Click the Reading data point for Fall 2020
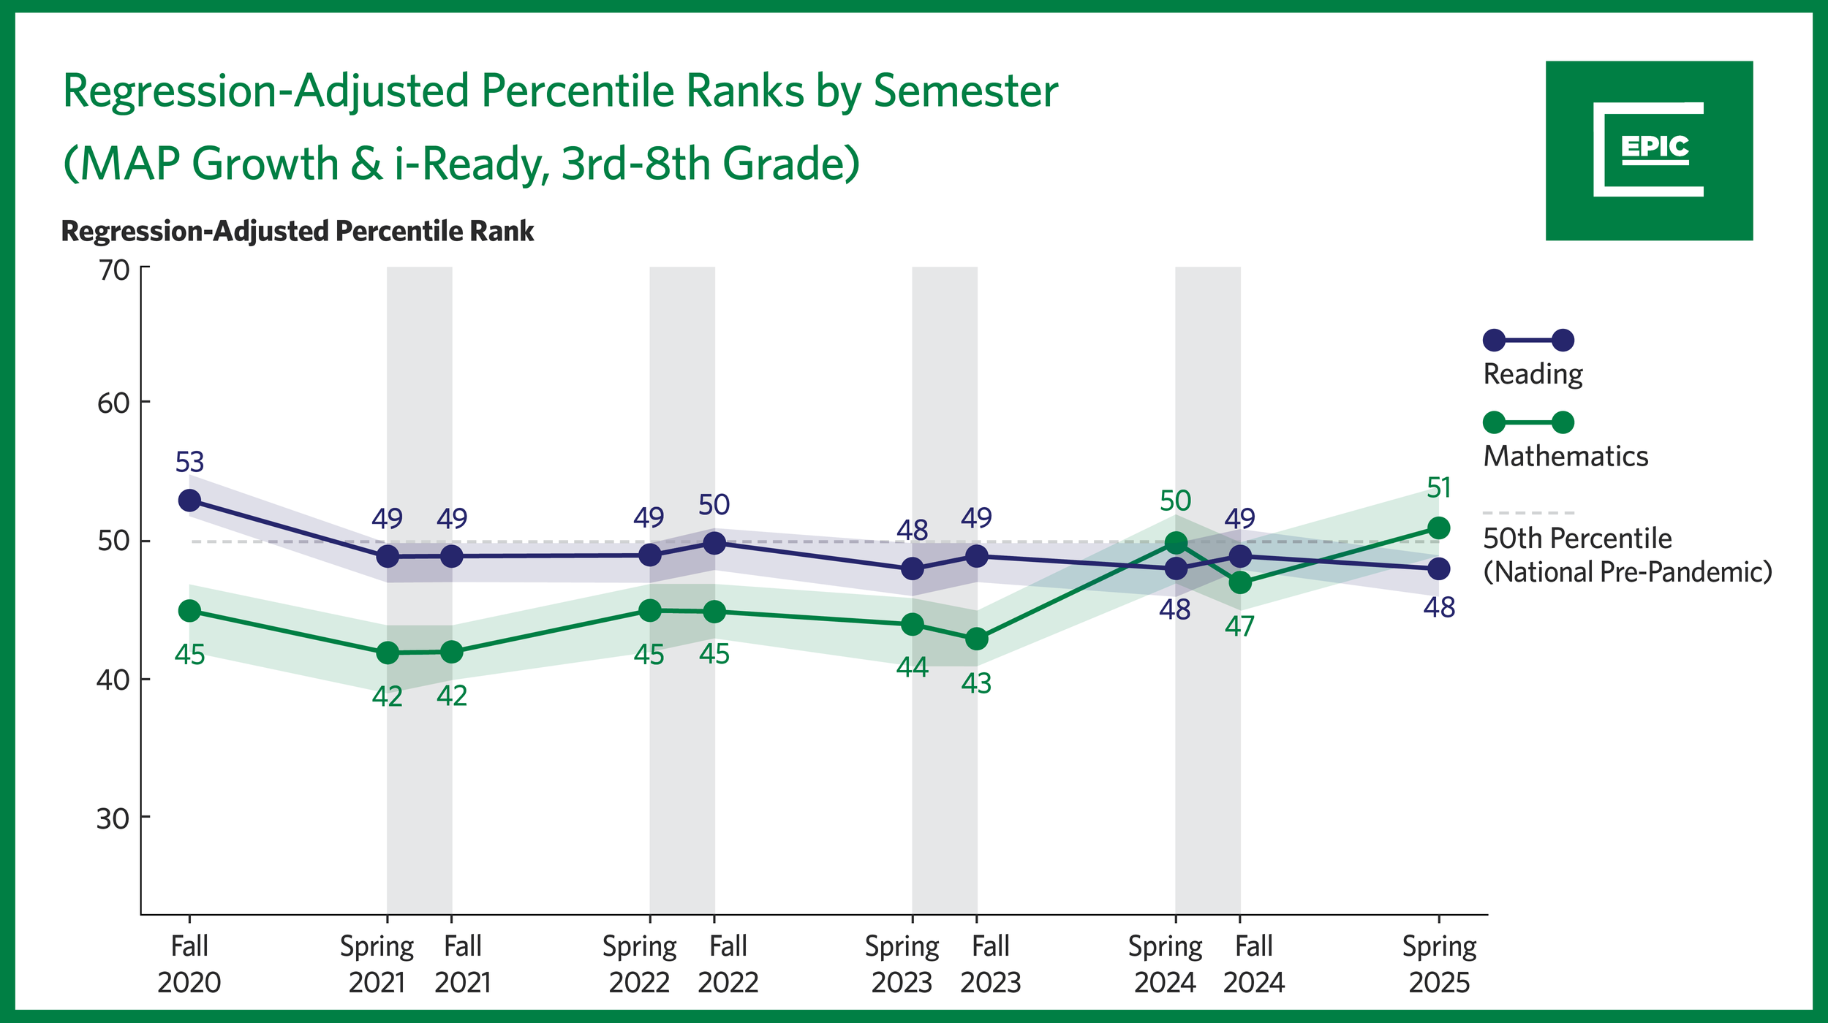(x=189, y=501)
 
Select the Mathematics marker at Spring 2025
(x=1438, y=528)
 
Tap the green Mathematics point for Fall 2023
(x=976, y=639)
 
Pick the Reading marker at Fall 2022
(x=714, y=543)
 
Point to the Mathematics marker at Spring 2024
(x=1175, y=543)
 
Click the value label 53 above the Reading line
(x=189, y=463)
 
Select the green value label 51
(x=1438, y=488)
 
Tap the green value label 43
(x=976, y=684)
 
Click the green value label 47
(x=1239, y=627)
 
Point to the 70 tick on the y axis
(x=113, y=271)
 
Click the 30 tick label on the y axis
(x=113, y=819)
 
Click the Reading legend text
(x=1532, y=374)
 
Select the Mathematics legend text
(x=1565, y=457)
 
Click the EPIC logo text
(x=1655, y=148)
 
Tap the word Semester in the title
(x=965, y=91)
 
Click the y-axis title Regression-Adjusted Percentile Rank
(x=298, y=232)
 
